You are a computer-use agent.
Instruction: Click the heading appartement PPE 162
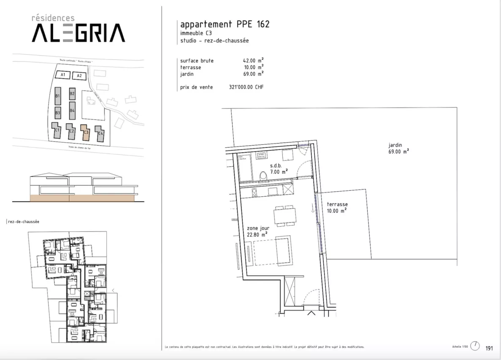coord(225,24)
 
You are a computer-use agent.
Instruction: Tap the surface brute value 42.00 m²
coord(251,60)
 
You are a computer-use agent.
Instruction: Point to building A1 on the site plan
coord(63,75)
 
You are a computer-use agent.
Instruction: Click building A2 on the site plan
coord(79,76)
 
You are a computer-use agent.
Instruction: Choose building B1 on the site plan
coord(57,96)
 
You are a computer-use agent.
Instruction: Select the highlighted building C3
coord(85,132)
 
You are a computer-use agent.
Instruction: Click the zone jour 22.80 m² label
coord(258,231)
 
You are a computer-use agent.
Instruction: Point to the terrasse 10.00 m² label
coord(337,207)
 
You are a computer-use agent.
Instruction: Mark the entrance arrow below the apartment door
coord(312,313)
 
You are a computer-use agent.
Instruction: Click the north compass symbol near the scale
coord(475,346)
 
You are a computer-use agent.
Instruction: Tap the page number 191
coord(489,348)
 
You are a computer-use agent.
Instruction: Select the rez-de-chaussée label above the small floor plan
coord(24,222)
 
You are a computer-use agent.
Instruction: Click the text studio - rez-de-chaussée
coord(214,41)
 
